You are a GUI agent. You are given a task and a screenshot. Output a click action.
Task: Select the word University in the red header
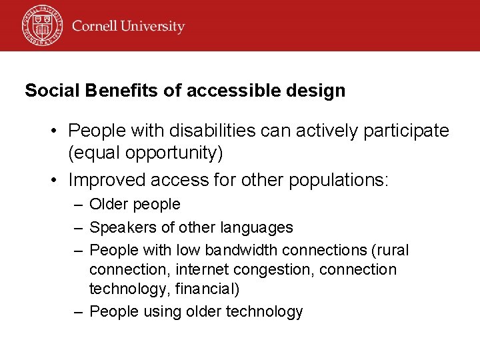[x=154, y=27]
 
